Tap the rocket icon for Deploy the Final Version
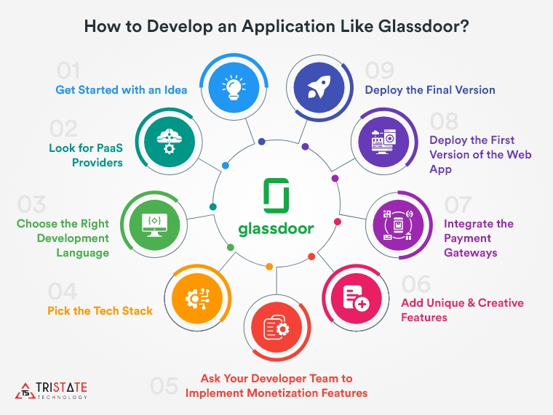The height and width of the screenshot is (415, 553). click(x=314, y=88)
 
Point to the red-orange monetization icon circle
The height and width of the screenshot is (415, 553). click(x=273, y=329)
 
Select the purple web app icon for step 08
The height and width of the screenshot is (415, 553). click(x=381, y=139)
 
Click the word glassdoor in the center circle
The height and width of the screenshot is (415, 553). click(x=276, y=228)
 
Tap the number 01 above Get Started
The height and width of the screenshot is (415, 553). click(x=68, y=71)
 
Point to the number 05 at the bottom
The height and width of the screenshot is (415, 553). click(x=164, y=386)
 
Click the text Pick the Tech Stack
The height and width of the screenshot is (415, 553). click(x=100, y=310)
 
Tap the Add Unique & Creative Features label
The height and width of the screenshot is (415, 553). click(x=462, y=310)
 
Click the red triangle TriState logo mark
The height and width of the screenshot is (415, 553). click(x=25, y=389)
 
